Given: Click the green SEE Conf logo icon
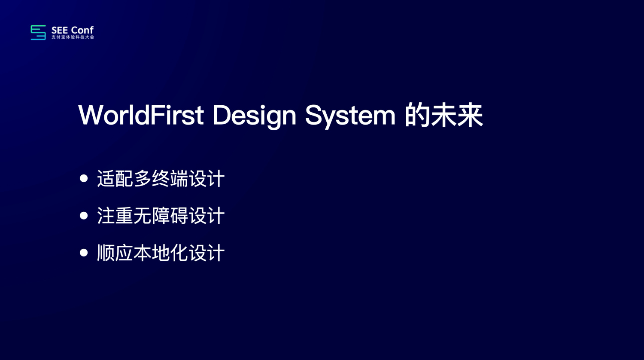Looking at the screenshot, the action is click(x=38, y=33).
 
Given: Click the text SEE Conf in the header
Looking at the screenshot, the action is click(x=73, y=30).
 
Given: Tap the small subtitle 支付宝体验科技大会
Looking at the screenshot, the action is click(x=73, y=37).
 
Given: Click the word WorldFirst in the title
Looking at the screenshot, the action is click(x=141, y=115).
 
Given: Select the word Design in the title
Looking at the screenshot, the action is click(x=255, y=116).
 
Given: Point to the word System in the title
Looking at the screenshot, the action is click(x=350, y=116).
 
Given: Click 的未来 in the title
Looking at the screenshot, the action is click(x=444, y=116).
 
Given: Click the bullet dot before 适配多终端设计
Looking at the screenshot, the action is click(x=84, y=178).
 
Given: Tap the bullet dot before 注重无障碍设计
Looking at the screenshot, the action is click(x=84, y=216).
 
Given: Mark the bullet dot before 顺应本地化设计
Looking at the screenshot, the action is click(x=84, y=253).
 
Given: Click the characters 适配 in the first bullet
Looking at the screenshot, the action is click(x=115, y=178).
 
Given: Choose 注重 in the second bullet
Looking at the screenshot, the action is click(x=115, y=216).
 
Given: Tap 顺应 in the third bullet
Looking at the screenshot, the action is click(x=115, y=253).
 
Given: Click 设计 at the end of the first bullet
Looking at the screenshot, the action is click(x=207, y=178).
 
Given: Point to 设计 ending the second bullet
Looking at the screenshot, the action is click(x=207, y=216).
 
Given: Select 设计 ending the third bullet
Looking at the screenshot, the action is click(x=207, y=253).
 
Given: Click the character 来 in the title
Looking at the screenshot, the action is click(x=470, y=116).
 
